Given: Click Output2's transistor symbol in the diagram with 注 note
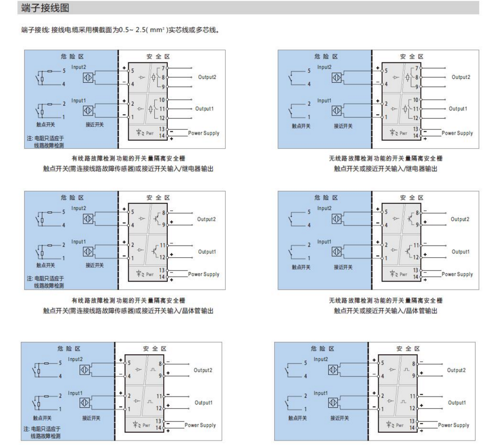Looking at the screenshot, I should (154, 219).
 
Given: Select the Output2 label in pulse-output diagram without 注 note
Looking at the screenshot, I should (456, 370).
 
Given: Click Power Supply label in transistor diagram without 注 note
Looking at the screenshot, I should (457, 274).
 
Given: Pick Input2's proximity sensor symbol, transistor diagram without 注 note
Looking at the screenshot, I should (337, 218).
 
